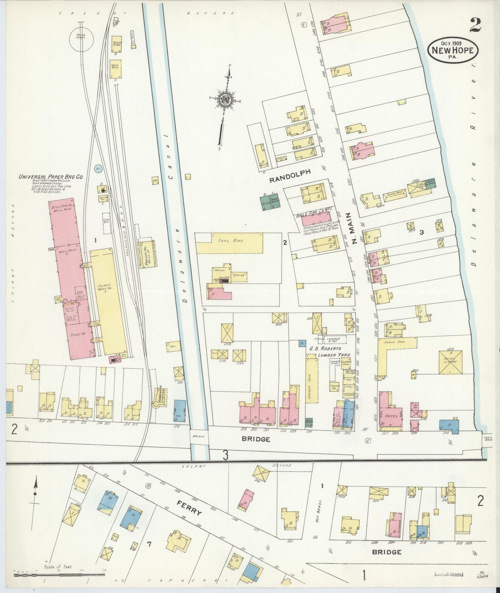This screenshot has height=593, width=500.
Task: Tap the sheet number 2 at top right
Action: (476, 25)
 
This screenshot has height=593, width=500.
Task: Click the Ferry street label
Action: (189, 508)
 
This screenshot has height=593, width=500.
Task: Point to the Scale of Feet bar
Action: (59, 575)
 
